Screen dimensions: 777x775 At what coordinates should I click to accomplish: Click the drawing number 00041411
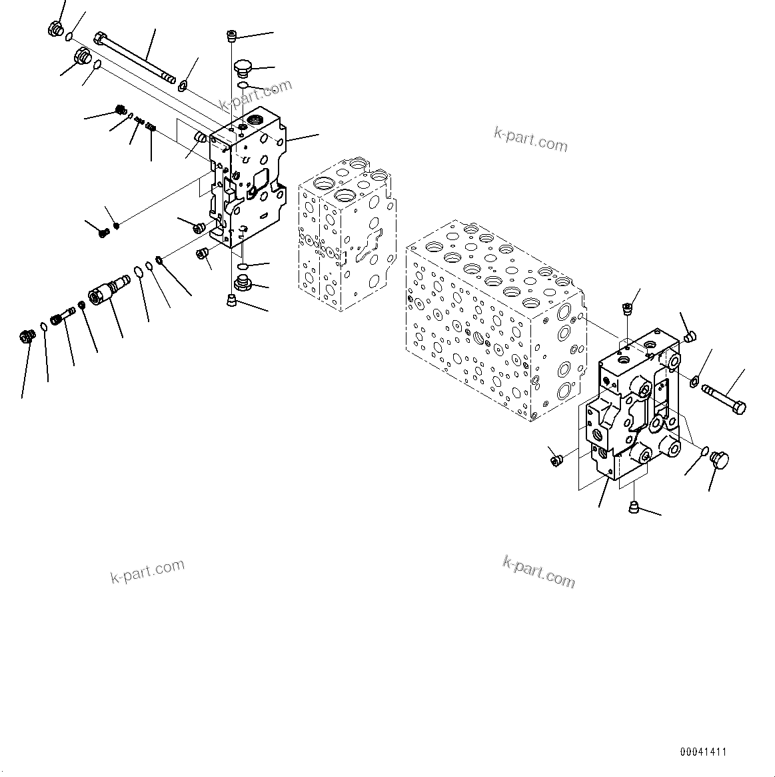(x=703, y=752)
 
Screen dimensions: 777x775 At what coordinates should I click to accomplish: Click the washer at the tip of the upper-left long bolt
(x=184, y=83)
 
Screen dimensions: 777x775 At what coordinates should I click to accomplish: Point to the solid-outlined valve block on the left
(x=247, y=183)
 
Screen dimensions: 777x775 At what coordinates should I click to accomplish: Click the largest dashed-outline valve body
(x=493, y=313)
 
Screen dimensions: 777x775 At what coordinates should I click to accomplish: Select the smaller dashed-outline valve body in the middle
(x=347, y=233)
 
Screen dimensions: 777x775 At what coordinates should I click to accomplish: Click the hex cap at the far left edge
(x=27, y=337)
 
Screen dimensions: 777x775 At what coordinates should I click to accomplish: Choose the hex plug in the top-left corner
(x=56, y=29)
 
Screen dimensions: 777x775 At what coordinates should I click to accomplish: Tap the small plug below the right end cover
(x=634, y=508)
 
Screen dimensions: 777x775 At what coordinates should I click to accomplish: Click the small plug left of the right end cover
(x=554, y=460)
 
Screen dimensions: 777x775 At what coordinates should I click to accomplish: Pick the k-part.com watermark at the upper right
(x=530, y=140)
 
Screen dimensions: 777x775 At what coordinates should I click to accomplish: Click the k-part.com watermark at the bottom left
(x=147, y=571)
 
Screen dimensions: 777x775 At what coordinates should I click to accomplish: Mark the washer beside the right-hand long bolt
(x=693, y=381)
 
